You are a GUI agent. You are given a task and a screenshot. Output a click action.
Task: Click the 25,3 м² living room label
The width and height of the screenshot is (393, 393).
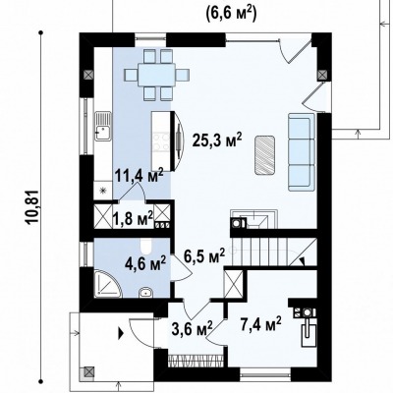pos(217,140)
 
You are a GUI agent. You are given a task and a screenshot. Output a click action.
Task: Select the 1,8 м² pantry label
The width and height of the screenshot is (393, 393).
pos(133,218)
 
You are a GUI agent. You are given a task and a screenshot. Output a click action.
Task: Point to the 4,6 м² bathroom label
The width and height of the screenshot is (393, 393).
pos(145,263)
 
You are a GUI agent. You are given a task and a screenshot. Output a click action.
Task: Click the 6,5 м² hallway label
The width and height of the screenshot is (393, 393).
pos(204,255)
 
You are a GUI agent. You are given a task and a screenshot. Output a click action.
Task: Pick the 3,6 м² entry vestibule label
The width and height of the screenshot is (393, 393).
pos(192,328)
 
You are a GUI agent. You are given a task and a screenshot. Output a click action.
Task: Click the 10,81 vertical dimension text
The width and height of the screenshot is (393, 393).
pos(33,207)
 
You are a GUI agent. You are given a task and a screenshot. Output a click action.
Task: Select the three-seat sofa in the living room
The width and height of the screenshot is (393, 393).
pos(301,152)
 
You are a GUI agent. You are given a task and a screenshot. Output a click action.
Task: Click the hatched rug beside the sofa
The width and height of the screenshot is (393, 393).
pos(264,155)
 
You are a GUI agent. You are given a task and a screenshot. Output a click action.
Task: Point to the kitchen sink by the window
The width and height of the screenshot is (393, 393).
pos(103,126)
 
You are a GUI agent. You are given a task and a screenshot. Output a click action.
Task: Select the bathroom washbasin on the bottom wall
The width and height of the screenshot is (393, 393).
pos(145,292)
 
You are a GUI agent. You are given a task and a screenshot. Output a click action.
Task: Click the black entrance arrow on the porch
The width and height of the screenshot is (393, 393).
pos(121,334)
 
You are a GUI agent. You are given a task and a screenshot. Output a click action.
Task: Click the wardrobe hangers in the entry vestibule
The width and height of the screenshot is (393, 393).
pos(196,361)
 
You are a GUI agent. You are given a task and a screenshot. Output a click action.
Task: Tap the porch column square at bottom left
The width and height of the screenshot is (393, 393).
pos(88,372)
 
